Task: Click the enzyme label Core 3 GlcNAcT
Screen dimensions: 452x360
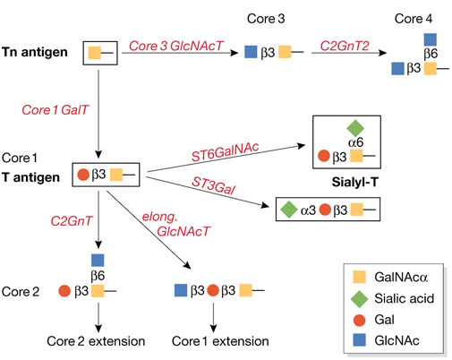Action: pyautogui.click(x=176, y=46)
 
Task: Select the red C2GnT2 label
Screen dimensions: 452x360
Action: pyautogui.click(x=345, y=46)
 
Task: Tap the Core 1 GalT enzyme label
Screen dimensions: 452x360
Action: pyautogui.click(x=55, y=110)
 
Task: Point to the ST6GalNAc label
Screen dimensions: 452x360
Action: pyautogui.click(x=226, y=152)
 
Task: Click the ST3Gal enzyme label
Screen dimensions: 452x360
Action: pyautogui.click(x=213, y=185)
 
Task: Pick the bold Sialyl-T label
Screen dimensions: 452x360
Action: pyautogui.click(x=354, y=182)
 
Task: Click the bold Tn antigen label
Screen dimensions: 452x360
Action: pyautogui.click(x=35, y=52)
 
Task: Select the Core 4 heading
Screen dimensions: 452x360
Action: pyautogui.click(x=414, y=19)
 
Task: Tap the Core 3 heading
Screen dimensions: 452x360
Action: pyautogui.click(x=266, y=19)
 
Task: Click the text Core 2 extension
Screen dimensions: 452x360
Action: pyautogui.click(x=96, y=341)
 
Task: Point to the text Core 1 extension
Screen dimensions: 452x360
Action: pyautogui.click(x=220, y=341)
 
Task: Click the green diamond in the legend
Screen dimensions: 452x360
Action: pyautogui.click(x=359, y=298)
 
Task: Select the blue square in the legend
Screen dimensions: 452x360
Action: pyautogui.click(x=359, y=339)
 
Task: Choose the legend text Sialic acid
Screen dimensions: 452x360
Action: pyautogui.click(x=404, y=298)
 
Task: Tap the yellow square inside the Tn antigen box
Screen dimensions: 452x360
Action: pyautogui.click(x=95, y=53)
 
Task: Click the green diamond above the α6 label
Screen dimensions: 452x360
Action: pyautogui.click(x=355, y=128)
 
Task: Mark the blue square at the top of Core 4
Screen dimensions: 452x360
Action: pyautogui.click(x=431, y=39)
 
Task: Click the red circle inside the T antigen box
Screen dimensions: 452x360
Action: pyautogui.click(x=83, y=175)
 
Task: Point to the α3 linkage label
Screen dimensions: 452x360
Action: pyautogui.click(x=308, y=210)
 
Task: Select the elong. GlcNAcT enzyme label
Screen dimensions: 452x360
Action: pyautogui.click(x=176, y=224)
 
